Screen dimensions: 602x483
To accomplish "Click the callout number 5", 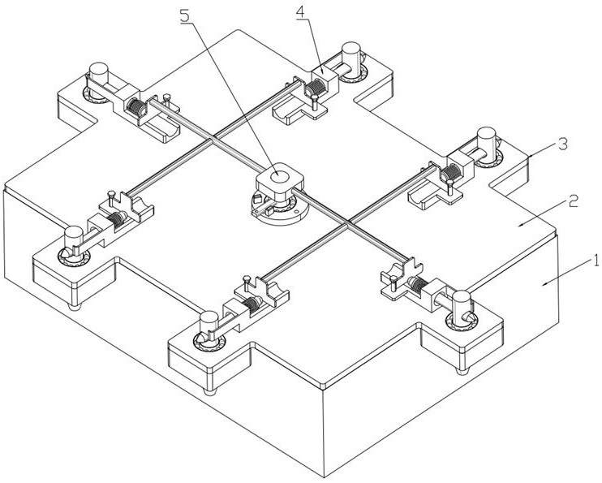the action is click(185, 15).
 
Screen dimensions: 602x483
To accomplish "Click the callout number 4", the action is click(301, 12).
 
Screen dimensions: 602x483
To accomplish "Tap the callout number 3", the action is click(563, 144).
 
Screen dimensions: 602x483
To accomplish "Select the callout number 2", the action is click(574, 201).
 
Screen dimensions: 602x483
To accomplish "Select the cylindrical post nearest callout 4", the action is click(350, 58).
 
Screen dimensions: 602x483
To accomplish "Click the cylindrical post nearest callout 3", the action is click(486, 144).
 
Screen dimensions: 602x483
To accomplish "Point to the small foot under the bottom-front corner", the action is click(209, 392).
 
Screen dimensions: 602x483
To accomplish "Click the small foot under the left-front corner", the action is click(75, 306).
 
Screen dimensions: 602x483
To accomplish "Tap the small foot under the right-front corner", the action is click(462, 371).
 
